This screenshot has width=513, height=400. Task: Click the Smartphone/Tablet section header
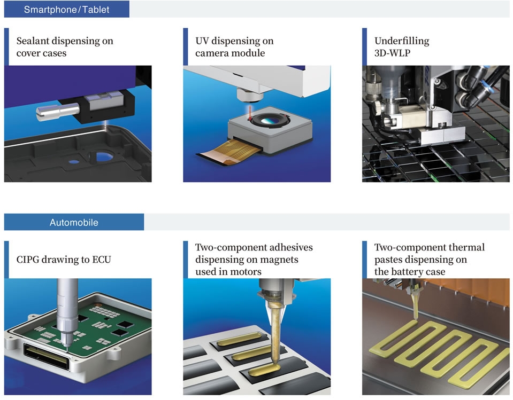coord(66,10)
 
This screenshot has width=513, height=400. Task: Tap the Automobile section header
coord(74,222)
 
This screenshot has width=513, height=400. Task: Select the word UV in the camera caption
coord(202,41)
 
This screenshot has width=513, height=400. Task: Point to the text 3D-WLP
coord(392,53)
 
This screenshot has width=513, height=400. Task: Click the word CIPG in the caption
coord(27,260)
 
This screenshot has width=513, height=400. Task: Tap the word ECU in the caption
coord(102,260)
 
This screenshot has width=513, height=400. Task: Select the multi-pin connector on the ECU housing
coord(46,358)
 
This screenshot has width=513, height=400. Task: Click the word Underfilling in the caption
coord(402,41)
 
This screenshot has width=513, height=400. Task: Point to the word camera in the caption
coord(212,53)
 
